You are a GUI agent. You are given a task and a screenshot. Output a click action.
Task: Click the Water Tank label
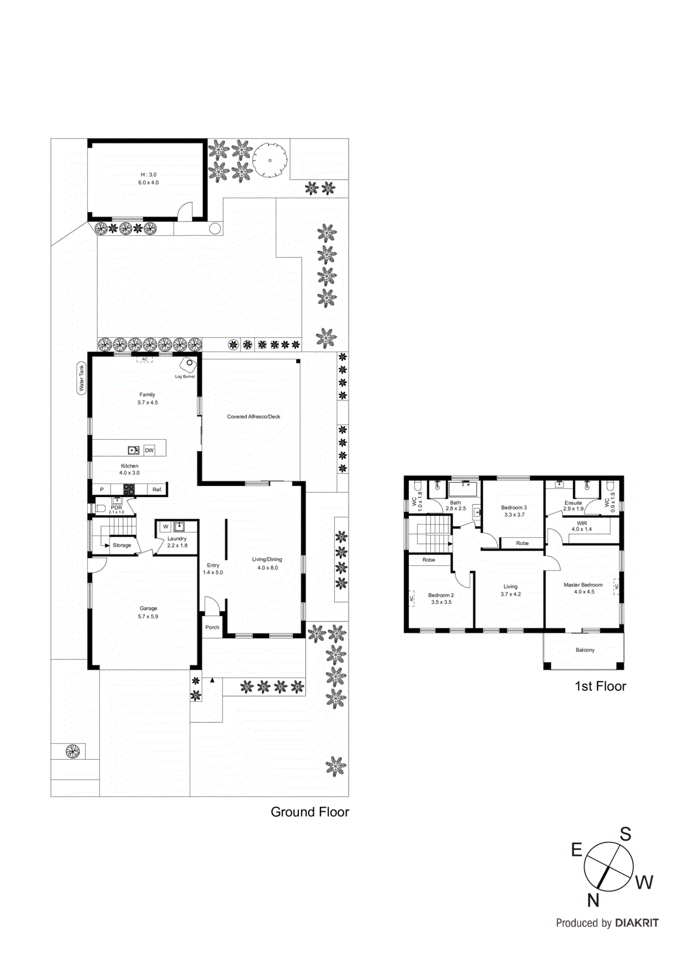point(82,378)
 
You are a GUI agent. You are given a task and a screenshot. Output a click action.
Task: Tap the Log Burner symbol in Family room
point(189,363)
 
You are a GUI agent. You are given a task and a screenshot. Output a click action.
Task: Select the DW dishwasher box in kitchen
point(149,451)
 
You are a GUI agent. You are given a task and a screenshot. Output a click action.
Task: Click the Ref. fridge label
point(157,489)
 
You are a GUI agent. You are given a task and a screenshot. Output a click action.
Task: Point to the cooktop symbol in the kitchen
point(129,489)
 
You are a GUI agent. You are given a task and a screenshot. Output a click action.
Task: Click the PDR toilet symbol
point(100,509)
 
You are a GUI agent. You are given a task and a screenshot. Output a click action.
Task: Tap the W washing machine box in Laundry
point(166,526)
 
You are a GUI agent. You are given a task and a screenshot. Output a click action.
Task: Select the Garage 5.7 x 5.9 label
point(148,612)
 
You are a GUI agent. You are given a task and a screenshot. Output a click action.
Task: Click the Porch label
point(212,627)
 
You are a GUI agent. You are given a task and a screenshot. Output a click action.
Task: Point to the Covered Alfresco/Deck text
point(253,417)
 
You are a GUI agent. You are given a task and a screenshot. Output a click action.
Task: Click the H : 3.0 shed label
point(149,175)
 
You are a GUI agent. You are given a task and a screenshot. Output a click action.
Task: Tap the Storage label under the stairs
point(122,545)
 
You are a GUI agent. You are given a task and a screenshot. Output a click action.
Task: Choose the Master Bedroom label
point(583,585)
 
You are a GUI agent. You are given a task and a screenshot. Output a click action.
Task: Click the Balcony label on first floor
point(585,650)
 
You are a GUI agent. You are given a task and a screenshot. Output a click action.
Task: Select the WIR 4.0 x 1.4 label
point(581,526)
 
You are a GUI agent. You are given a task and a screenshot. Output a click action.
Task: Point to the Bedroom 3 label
point(514,507)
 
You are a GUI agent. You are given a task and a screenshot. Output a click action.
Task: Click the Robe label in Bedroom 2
point(429,560)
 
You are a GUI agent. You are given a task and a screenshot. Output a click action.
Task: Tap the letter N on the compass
point(593,900)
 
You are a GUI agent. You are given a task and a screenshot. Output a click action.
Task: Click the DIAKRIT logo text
point(637,923)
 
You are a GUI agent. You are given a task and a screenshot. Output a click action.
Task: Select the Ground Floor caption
point(310,812)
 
